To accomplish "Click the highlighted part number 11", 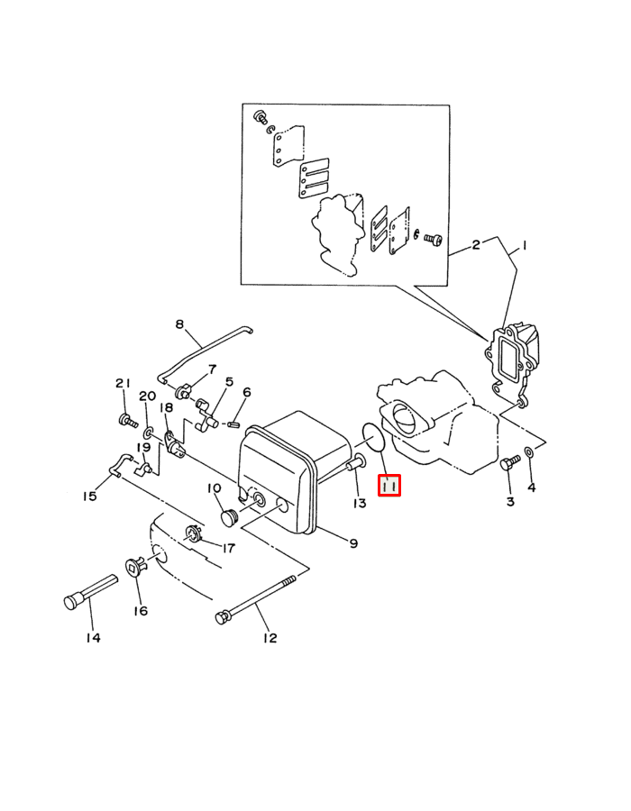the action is click(389, 486).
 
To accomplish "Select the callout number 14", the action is click(93, 638).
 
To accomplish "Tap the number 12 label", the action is click(270, 638).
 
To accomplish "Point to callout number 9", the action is click(353, 543).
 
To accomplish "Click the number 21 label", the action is click(123, 383).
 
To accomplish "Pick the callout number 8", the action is click(179, 324).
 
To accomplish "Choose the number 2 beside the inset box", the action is click(476, 244).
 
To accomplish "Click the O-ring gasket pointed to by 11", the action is click(373, 436).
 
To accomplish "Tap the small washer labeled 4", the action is click(530, 452).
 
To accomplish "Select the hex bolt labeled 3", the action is click(508, 462).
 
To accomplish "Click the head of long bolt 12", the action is click(223, 616).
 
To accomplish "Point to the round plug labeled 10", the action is click(228, 516).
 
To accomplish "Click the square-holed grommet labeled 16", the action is click(135, 567).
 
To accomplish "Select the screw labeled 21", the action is click(128, 421).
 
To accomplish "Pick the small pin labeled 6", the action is click(233, 424).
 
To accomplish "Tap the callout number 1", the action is click(524, 246).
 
